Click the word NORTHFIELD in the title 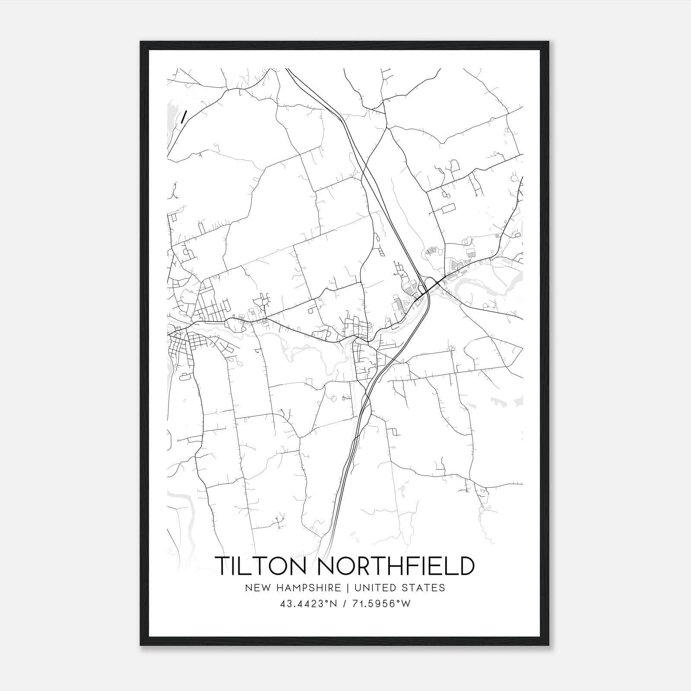pyautogui.click(x=396, y=566)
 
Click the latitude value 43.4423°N pyautogui.click(x=307, y=604)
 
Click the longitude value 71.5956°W pyautogui.click(x=382, y=604)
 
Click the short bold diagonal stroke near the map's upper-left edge pyautogui.click(x=184, y=117)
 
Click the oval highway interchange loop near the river pyautogui.click(x=430, y=284)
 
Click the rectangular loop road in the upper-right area pyautogui.click(x=448, y=209)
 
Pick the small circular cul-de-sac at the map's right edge pyautogui.click(x=514, y=178)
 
